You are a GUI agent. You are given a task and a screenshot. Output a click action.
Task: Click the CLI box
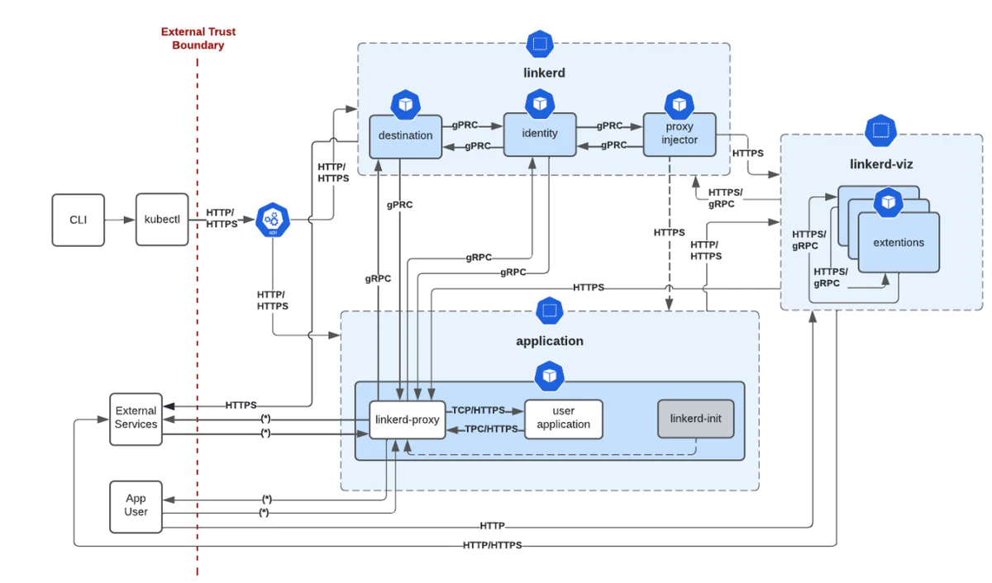[79, 220]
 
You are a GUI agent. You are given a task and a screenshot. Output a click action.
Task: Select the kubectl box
[162, 220]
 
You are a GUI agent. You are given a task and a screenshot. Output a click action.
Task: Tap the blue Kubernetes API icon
[273, 220]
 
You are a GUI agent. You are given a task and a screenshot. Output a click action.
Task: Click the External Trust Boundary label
[198, 38]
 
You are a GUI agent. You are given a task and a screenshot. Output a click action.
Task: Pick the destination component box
[405, 135]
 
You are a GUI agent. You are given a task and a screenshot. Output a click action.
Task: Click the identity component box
[540, 133]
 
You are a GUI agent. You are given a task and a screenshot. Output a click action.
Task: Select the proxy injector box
[680, 135]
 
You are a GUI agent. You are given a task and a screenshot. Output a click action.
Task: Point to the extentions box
[899, 243]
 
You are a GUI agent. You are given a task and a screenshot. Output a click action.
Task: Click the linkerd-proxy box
[408, 419]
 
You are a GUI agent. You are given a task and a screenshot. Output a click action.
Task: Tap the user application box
[564, 419]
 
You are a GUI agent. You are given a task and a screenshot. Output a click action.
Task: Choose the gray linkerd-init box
[695, 419]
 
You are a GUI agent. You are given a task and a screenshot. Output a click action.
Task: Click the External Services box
[136, 418]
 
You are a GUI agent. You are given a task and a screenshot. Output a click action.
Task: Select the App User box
[136, 505]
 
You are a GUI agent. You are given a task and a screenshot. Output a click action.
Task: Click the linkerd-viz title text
[881, 164]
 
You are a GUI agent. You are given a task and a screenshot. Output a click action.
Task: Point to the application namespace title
[549, 341]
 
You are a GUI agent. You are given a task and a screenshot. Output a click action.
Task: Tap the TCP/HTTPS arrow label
[478, 410]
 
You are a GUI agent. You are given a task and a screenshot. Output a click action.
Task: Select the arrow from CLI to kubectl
[121, 220]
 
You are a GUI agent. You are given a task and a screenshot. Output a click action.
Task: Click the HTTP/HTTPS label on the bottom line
[492, 545]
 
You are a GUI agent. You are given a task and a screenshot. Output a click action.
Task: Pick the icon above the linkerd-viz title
[881, 130]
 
